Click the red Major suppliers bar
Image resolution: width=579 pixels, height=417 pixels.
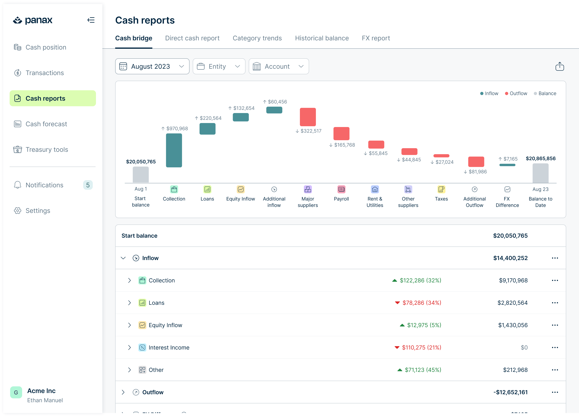[308, 117]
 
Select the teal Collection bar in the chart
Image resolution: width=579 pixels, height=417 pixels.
[174, 150]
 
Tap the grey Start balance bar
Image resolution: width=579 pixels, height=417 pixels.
[141, 175]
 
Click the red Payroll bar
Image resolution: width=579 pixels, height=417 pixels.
[341, 133]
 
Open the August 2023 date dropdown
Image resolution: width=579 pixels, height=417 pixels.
[152, 66]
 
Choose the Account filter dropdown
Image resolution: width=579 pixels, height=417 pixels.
[279, 66]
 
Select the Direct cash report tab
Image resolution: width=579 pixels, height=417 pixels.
[192, 38]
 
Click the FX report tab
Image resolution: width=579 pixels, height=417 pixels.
[376, 38]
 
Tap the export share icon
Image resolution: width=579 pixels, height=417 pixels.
[560, 66]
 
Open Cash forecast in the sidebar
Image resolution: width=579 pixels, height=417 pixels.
[46, 124]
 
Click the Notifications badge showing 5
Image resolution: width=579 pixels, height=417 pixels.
[88, 185]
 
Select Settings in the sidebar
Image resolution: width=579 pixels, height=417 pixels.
[38, 211]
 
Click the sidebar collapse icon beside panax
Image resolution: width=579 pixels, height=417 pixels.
[91, 20]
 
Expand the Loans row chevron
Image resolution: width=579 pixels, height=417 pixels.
[129, 303]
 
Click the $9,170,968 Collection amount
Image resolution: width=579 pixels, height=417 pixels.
[513, 280]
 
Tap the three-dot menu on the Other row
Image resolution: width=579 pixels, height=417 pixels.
[555, 370]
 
